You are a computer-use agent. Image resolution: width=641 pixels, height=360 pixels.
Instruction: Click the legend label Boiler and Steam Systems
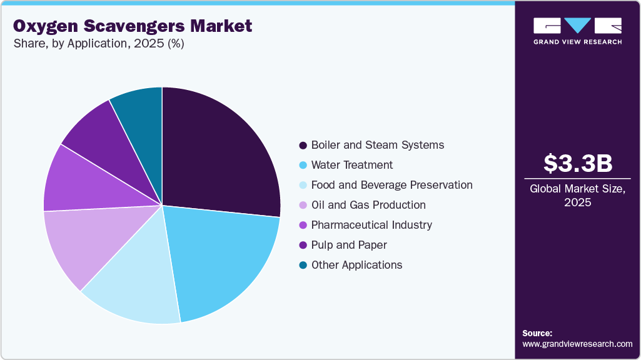(x=377, y=145)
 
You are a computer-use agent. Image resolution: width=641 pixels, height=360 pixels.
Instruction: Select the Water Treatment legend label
(x=351, y=165)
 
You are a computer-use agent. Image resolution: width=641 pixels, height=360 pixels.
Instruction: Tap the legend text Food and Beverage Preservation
(x=391, y=185)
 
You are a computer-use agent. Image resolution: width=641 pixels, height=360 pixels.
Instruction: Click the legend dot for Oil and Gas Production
(x=303, y=206)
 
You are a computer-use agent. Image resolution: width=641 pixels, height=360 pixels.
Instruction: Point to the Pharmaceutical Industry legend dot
(x=303, y=226)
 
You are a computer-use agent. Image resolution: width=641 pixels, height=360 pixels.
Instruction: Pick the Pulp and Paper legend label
(x=349, y=245)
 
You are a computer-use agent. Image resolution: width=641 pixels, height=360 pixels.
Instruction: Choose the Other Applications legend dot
(x=303, y=266)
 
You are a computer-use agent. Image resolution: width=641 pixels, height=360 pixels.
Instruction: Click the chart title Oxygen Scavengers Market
(x=133, y=26)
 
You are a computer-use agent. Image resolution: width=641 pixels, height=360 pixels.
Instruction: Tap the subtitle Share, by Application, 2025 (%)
(x=98, y=44)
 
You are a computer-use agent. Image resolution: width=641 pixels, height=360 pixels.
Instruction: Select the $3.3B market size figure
(x=577, y=164)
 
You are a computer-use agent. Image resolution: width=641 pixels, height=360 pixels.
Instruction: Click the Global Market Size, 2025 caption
(x=577, y=195)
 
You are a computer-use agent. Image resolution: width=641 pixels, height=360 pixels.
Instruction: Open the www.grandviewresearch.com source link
(x=577, y=344)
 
